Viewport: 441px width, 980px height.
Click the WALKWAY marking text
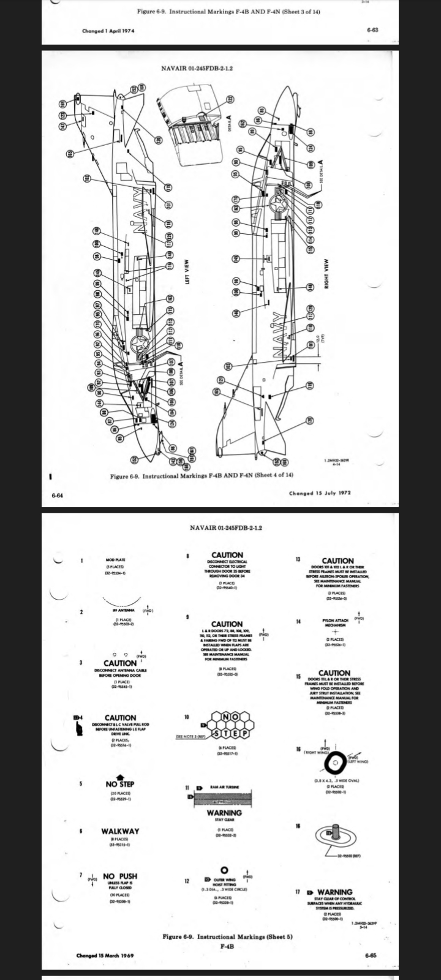[x=120, y=831]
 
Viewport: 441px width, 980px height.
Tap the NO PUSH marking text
[x=120, y=876]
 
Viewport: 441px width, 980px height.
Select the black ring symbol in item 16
[x=336, y=763]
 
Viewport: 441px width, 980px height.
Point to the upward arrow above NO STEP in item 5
[x=120, y=776]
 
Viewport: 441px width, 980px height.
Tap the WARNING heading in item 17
[x=335, y=892]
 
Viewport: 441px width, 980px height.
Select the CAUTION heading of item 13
[x=337, y=560]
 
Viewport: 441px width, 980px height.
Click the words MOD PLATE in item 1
[x=116, y=560]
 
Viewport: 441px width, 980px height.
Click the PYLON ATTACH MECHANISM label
[x=336, y=622]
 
